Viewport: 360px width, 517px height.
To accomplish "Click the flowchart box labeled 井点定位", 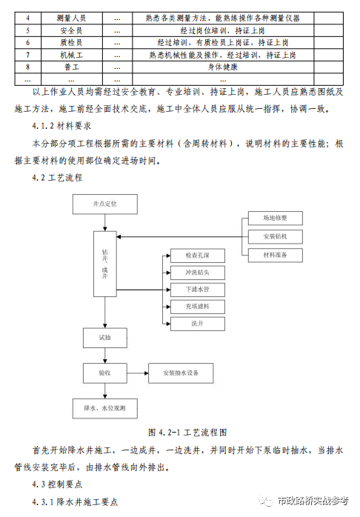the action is [x=105, y=204].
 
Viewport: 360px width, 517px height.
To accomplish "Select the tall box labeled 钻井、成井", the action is [x=105, y=264].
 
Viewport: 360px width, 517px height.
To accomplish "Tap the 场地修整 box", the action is [x=276, y=218].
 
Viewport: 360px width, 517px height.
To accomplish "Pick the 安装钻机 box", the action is [x=276, y=236].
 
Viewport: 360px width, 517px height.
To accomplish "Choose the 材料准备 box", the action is [x=276, y=255].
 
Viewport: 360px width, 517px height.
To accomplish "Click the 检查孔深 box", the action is [x=198, y=256].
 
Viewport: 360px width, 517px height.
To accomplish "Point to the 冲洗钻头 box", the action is [x=198, y=273].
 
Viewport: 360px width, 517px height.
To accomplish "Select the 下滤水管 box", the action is [x=198, y=290].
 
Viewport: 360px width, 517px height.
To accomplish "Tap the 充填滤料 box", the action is [x=198, y=307].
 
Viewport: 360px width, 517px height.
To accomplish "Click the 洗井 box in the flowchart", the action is [x=198, y=324].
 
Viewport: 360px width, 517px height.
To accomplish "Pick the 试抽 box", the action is [x=105, y=338].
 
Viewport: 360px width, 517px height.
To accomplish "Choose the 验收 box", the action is [x=105, y=373].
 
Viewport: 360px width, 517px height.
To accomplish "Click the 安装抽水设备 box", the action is [x=181, y=373].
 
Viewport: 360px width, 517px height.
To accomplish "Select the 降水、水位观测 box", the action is [x=105, y=408].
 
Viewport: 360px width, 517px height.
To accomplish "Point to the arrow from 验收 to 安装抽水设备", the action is [x=138, y=373].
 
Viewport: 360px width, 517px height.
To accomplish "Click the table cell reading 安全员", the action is [x=71, y=30].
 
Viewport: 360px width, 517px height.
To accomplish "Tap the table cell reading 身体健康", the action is [x=223, y=67].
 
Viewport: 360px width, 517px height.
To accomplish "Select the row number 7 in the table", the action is [x=27, y=55].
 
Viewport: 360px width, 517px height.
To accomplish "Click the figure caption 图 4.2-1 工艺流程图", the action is [x=187, y=433].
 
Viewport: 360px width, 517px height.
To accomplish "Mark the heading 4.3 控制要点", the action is [x=57, y=484].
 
